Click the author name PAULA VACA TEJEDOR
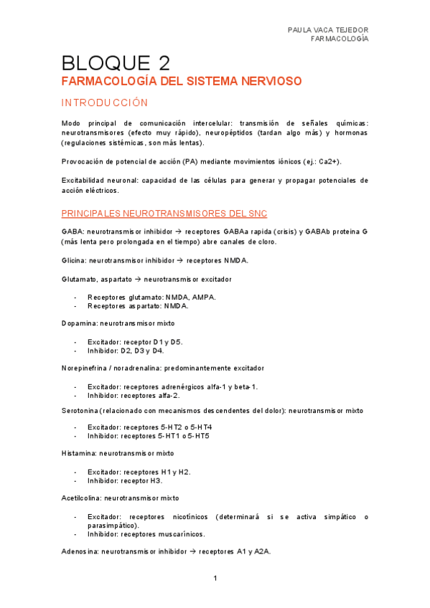[327, 29]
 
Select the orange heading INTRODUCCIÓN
[105, 103]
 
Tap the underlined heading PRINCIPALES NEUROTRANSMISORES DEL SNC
[164, 214]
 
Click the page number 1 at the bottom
[215, 578]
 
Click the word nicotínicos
[218, 516]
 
